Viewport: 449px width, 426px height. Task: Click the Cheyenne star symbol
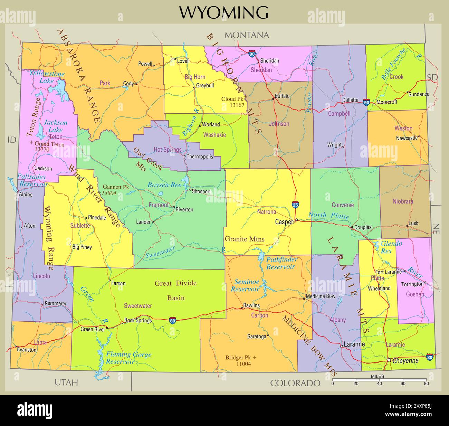pyautogui.click(x=389, y=360)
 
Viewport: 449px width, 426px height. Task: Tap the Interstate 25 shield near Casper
pyautogui.click(x=295, y=205)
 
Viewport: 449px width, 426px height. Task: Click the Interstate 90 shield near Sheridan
pyautogui.click(x=252, y=54)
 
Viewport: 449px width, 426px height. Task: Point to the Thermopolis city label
pyautogui.click(x=200, y=157)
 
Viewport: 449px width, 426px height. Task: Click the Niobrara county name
pyautogui.click(x=403, y=201)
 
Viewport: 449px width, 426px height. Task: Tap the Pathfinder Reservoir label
pyautogui.click(x=280, y=263)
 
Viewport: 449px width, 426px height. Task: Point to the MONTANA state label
pyautogui.click(x=247, y=35)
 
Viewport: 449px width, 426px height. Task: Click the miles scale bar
pyautogui.click(x=379, y=380)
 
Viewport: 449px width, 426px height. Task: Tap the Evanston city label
pyautogui.click(x=27, y=350)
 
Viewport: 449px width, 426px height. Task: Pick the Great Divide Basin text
pyautogui.click(x=175, y=290)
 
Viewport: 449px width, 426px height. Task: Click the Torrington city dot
pyautogui.click(x=426, y=283)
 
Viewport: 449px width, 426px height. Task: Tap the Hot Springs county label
pyautogui.click(x=168, y=150)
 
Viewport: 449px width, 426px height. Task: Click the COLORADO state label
pyautogui.click(x=295, y=383)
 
